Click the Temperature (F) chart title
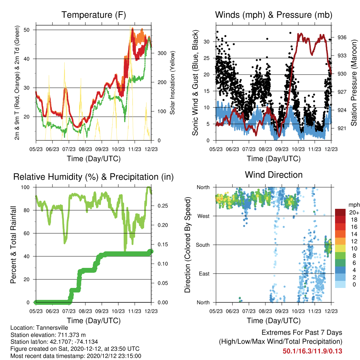pos(94,15)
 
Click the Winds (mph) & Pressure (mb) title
pos(274,15)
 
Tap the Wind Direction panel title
pos(274,175)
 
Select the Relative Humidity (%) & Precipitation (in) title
pos(94,177)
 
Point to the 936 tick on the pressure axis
pos(342,37)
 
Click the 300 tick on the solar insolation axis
pos(162,53)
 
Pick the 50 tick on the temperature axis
pos(26,30)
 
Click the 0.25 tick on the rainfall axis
pos(163,206)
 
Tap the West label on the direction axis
pos(204,216)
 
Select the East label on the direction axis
pos(204,274)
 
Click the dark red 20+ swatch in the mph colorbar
pos(340,212)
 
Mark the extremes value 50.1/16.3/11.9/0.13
pos(312,351)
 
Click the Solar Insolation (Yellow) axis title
pos(172,83)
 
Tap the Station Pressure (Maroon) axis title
pos(354,83)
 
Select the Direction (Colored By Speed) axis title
pos(187,245)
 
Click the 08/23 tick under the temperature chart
pos(85,149)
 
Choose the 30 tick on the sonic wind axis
pos(206,42)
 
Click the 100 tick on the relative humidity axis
pos(25,187)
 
